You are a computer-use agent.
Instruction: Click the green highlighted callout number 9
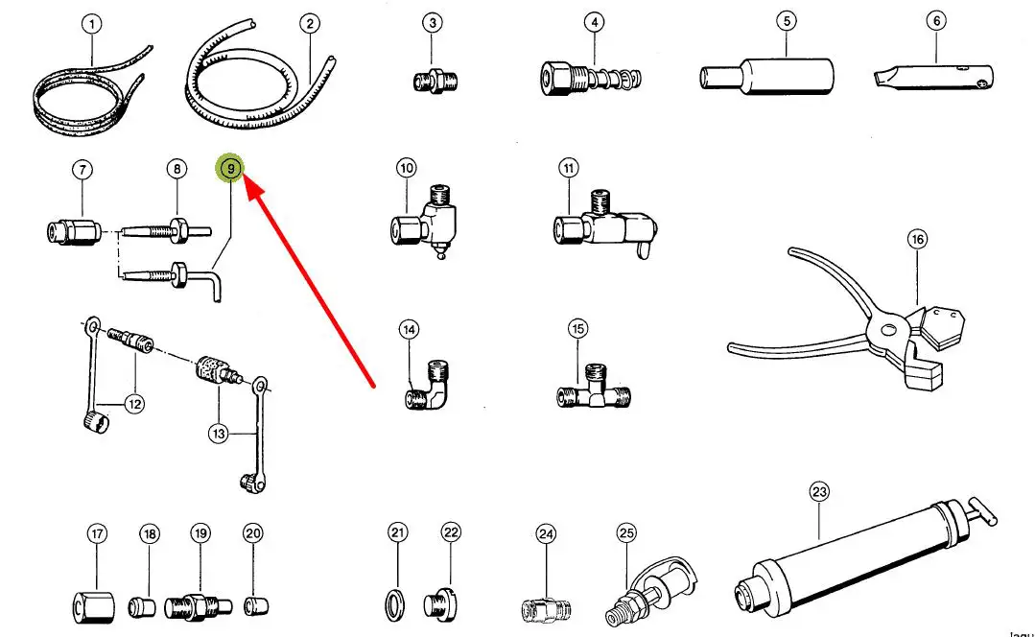(x=230, y=170)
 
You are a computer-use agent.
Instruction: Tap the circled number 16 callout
(x=918, y=239)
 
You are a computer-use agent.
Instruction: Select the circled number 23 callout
(x=818, y=493)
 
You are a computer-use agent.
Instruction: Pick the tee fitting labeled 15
(x=595, y=392)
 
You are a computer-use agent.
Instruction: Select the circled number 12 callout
(x=134, y=404)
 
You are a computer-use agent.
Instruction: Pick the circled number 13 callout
(x=220, y=435)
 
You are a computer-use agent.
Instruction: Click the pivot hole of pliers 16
(x=889, y=331)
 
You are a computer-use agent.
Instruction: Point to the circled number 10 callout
(x=407, y=169)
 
